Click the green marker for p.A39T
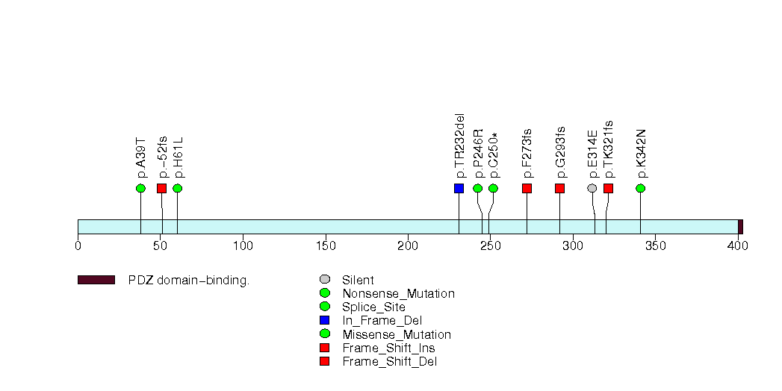point(140,188)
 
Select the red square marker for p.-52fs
point(161,188)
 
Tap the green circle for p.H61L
point(177,188)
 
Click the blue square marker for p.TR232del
point(459,188)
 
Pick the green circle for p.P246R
point(478,188)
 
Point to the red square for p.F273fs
point(527,188)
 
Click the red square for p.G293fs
point(559,188)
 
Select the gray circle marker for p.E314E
point(592,188)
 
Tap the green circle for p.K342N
point(640,188)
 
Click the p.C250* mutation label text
point(493,151)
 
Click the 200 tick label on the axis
point(407,245)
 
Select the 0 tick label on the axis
point(78,245)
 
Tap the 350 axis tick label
point(655,245)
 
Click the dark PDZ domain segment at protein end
point(740,227)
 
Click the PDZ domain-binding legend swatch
point(96,280)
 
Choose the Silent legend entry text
point(358,281)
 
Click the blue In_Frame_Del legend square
point(324,321)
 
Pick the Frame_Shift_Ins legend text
point(388,348)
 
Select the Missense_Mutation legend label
point(397,335)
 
